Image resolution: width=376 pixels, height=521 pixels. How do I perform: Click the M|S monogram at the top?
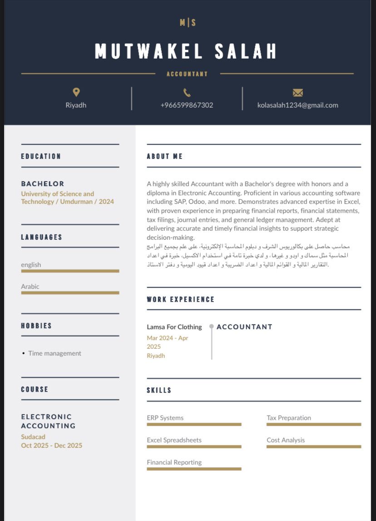[187, 22]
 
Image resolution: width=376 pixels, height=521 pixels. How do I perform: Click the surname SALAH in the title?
[245, 51]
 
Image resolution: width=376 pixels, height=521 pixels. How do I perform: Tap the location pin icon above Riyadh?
[76, 92]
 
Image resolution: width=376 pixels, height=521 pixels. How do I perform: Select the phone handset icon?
[187, 93]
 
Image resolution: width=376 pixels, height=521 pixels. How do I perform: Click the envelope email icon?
[298, 93]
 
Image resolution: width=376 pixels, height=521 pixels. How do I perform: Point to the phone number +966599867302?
[187, 105]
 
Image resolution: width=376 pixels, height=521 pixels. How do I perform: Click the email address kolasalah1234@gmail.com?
[297, 105]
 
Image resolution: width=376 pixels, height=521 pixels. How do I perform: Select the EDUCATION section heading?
[41, 156]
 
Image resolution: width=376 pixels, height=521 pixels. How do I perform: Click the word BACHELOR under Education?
[43, 184]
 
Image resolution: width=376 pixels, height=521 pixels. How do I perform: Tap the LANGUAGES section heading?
[41, 237]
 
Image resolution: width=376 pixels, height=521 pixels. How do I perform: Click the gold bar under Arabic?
[70, 293]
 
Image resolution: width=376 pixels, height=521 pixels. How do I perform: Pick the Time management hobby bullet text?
[54, 353]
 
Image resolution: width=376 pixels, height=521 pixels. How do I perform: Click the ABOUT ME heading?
[164, 156]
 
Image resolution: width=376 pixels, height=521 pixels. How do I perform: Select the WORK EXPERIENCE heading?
[180, 299]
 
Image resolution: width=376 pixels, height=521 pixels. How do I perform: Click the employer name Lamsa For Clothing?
[174, 327]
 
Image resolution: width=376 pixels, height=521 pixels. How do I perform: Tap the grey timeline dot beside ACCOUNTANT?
[212, 326]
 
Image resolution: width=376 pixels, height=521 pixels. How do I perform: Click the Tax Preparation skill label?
[288, 417]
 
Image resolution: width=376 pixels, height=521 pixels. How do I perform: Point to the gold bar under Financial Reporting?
[194, 469]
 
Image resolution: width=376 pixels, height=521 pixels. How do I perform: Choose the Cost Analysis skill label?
[286, 440]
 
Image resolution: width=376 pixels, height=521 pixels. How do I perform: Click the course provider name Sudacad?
[33, 437]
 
